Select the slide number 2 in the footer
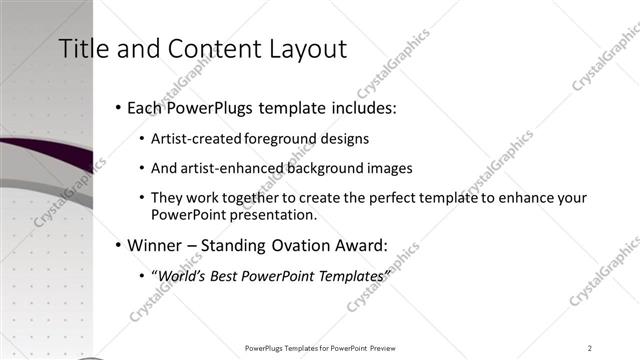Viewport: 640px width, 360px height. tap(590, 347)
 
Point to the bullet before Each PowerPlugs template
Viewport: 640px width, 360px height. tap(119, 106)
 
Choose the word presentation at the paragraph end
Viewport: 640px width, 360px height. tap(273, 215)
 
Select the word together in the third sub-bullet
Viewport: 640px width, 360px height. tap(260, 198)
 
